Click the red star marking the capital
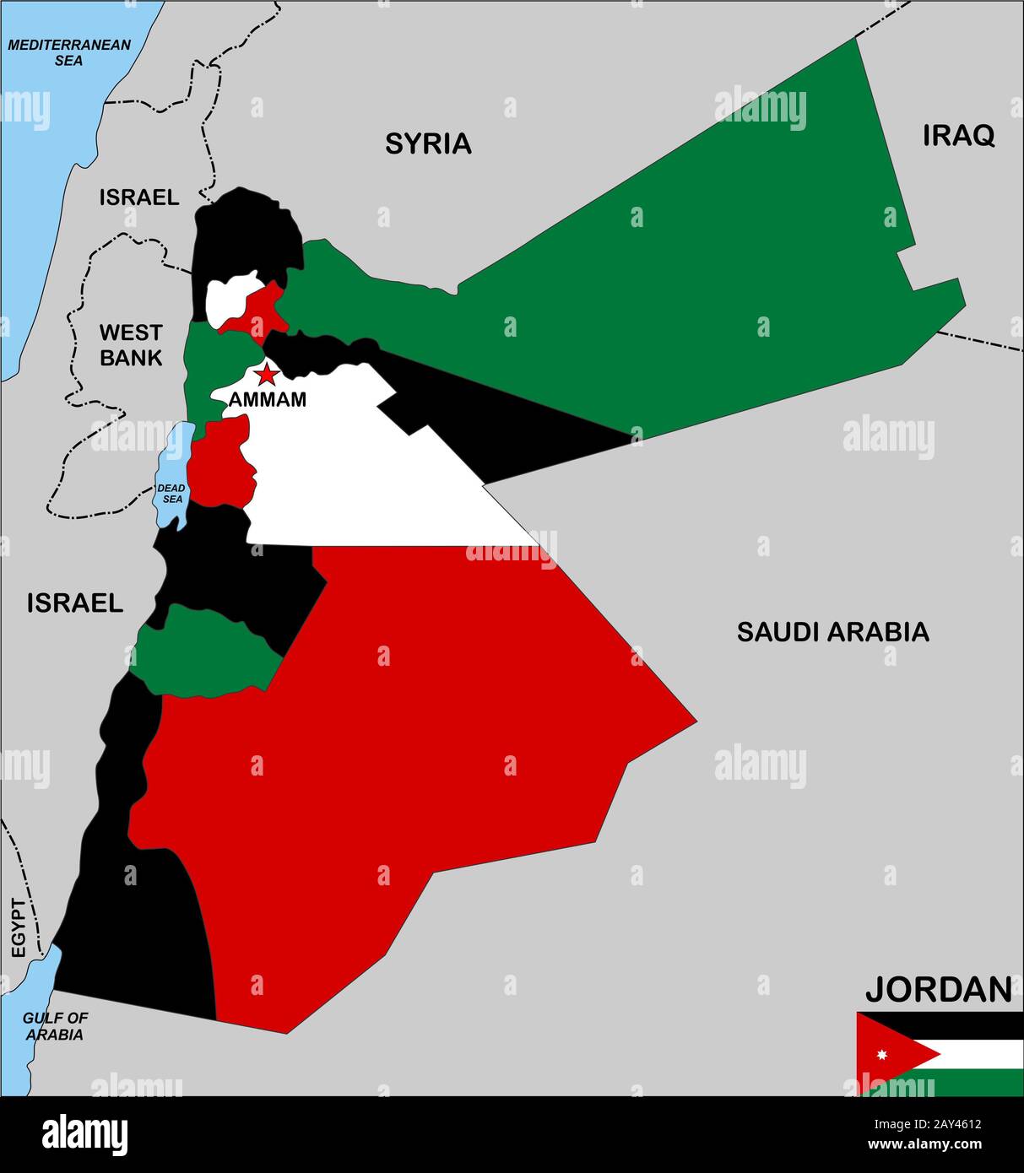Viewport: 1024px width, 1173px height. coord(267,374)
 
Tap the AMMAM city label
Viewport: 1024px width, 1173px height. coord(268,400)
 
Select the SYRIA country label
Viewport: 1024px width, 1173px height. coord(428,144)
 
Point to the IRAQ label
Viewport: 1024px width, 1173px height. coord(958,135)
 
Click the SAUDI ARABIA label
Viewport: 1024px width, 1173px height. coord(832,631)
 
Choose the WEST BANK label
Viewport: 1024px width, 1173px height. coord(131,344)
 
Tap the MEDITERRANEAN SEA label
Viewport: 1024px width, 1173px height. coord(69,52)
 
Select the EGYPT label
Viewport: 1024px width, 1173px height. coord(19,927)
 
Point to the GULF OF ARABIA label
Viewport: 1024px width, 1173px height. coord(55,1025)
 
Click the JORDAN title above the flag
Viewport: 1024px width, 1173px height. coord(938,989)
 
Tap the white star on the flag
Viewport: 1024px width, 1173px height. coord(882,1055)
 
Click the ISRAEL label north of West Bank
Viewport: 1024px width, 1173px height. coord(139,197)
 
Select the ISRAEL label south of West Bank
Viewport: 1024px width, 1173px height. coord(75,603)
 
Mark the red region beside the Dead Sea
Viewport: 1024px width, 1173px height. coord(219,464)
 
